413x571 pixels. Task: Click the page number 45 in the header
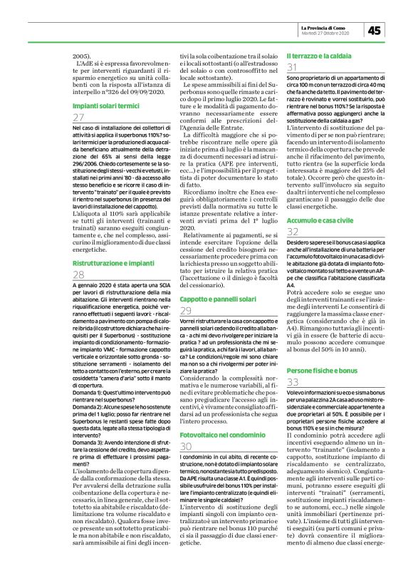point(375,29)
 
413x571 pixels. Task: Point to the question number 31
point(291,67)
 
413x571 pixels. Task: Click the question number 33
point(292,383)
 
